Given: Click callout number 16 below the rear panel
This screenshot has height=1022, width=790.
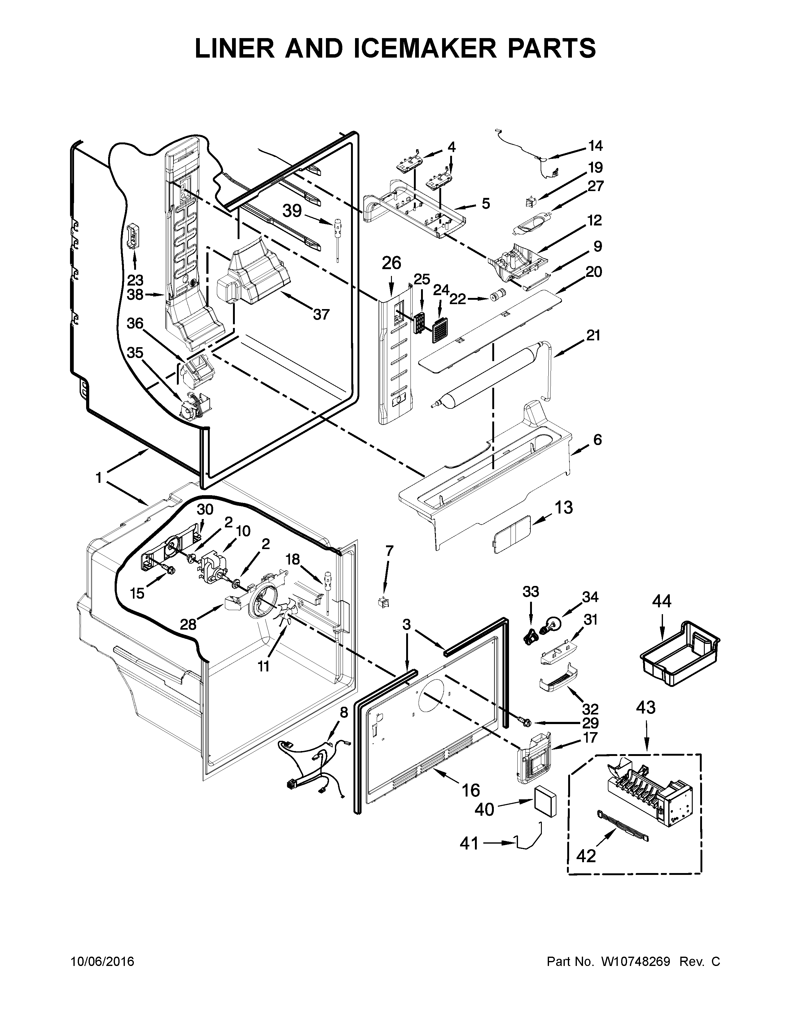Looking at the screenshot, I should (471, 790).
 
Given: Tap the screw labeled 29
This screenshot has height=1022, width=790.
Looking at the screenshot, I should (524, 723).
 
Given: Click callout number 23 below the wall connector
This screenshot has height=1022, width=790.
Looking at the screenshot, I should (135, 280).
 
